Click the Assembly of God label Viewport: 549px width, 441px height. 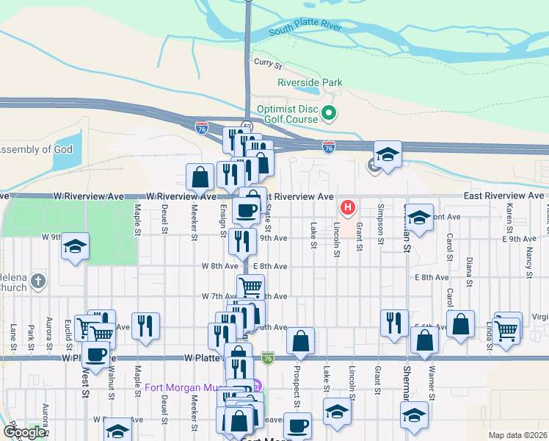tap(37, 150)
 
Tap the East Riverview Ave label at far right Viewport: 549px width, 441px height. tap(503, 196)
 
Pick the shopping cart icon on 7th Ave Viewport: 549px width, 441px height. tap(250, 286)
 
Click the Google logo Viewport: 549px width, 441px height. tap(23, 432)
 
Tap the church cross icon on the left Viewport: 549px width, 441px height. tap(39, 281)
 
